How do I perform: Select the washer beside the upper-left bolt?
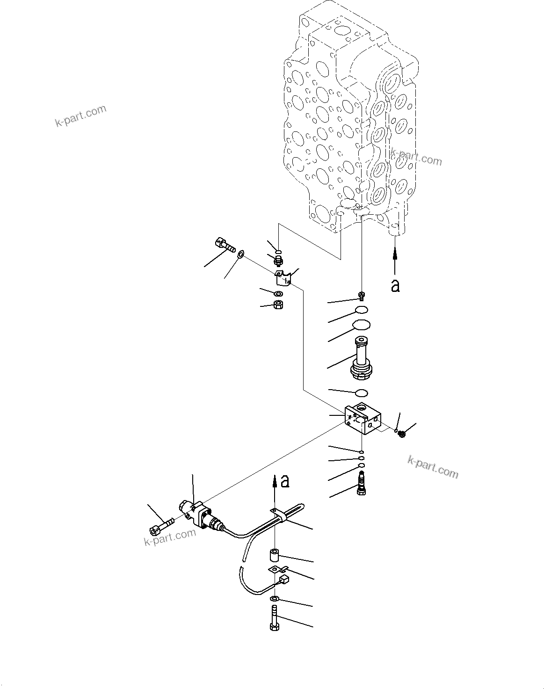pyautogui.click(x=241, y=254)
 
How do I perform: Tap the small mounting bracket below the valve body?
pyautogui.click(x=283, y=278)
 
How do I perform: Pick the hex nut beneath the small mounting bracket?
pyautogui.click(x=278, y=305)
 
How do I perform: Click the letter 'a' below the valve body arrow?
pyautogui.click(x=395, y=285)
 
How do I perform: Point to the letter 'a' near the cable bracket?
pyautogui.click(x=285, y=481)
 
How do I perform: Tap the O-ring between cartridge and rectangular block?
pyautogui.click(x=361, y=392)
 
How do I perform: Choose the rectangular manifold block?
pyautogui.click(x=363, y=419)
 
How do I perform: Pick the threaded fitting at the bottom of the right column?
pyautogui.click(x=361, y=483)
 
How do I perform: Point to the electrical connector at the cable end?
pyautogui.click(x=283, y=580)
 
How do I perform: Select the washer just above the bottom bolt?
pyautogui.click(x=275, y=599)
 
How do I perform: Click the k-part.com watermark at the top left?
pyautogui.click(x=81, y=116)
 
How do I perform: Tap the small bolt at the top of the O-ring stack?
pyautogui.click(x=362, y=295)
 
